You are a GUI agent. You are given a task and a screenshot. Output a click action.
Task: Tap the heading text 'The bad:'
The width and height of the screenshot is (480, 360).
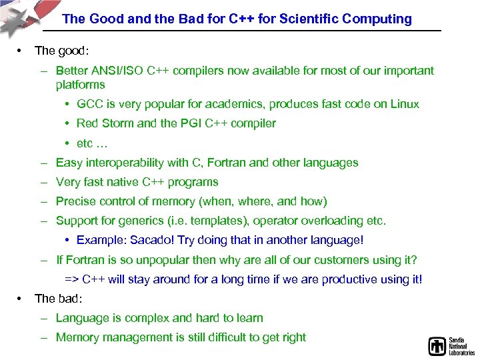click(x=57, y=299)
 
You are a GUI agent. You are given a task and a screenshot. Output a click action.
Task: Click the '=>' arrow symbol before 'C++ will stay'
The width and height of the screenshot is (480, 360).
click(x=71, y=279)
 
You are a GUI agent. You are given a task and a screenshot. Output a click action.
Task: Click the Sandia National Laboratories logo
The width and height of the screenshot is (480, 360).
click(x=450, y=346)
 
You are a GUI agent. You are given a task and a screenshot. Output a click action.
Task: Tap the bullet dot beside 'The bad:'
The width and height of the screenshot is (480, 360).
click(x=21, y=299)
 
